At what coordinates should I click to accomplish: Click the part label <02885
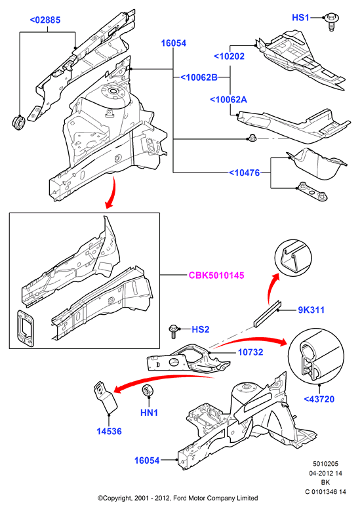(45, 20)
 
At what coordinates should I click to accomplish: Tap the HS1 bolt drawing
(330, 21)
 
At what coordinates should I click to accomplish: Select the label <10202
(229, 56)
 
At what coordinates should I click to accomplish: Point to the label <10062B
(199, 77)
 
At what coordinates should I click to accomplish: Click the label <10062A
(228, 100)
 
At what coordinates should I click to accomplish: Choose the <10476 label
(245, 173)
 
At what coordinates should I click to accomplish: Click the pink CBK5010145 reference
(216, 276)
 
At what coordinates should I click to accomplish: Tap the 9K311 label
(311, 310)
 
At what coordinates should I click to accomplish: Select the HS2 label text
(201, 329)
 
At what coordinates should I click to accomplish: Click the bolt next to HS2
(173, 332)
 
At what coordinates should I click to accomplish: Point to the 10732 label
(250, 352)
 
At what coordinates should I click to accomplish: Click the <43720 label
(319, 399)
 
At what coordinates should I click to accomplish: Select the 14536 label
(109, 431)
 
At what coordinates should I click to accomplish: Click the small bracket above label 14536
(106, 397)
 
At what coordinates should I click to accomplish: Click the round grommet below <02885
(18, 123)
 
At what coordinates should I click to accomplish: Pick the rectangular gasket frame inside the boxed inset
(26, 328)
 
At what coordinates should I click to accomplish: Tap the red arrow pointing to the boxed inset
(111, 192)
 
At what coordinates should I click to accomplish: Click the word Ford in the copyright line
(180, 498)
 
